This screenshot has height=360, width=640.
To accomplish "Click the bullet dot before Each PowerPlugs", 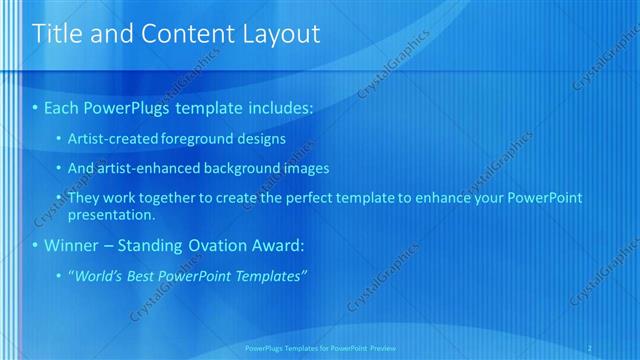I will (36, 106).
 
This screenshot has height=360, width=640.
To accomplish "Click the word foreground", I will (210, 139).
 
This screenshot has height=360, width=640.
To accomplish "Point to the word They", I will (83, 198).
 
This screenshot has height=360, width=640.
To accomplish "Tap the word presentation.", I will (112, 214).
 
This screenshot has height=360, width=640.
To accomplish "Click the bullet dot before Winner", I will (36, 245).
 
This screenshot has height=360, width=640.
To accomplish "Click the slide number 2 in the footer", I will (591, 348).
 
